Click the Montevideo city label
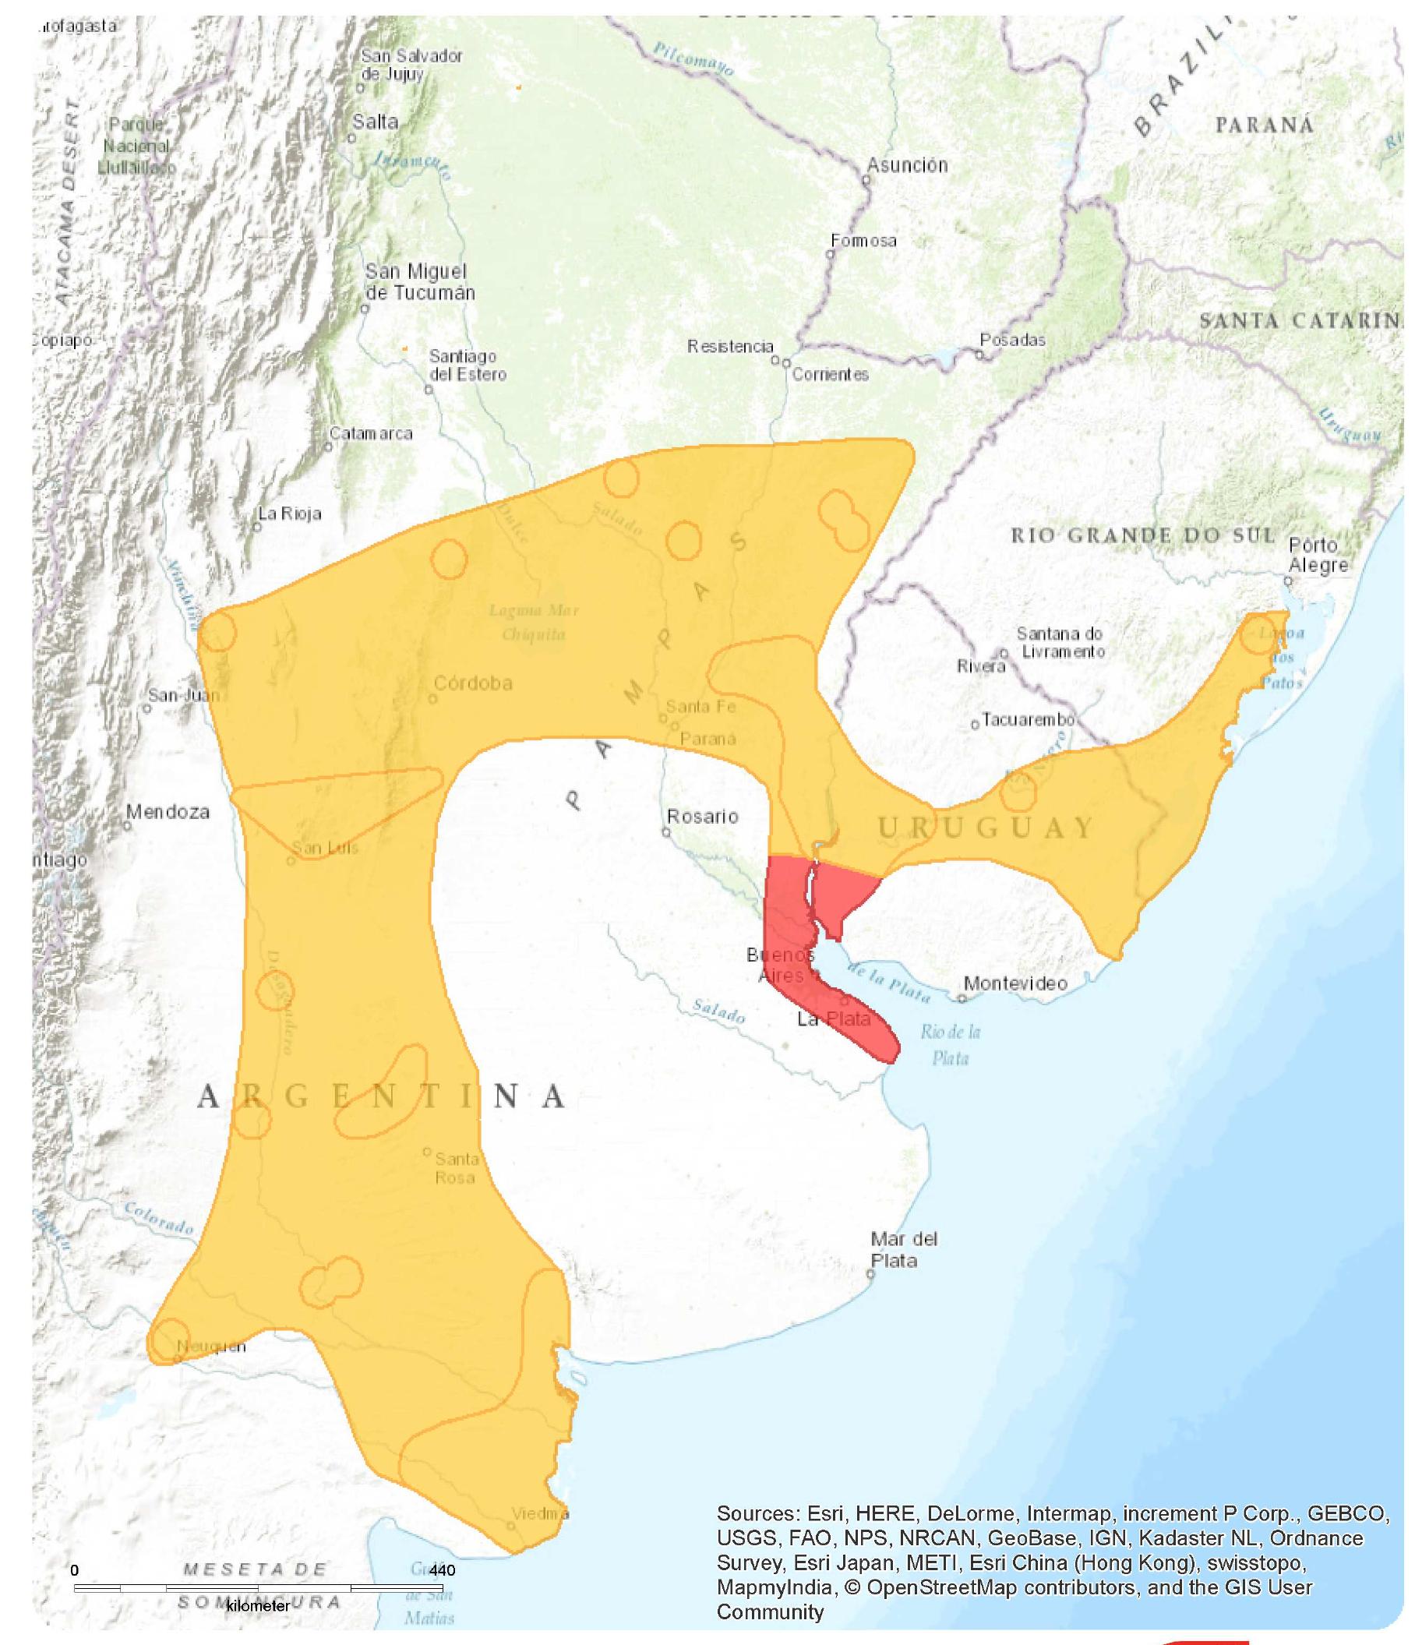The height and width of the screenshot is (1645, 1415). (x=1015, y=983)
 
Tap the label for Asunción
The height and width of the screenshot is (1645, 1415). (x=907, y=165)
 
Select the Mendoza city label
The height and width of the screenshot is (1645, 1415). (x=168, y=811)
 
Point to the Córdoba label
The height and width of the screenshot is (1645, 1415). (x=473, y=683)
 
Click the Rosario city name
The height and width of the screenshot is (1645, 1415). (x=702, y=816)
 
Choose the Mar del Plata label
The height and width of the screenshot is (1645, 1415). (x=903, y=1250)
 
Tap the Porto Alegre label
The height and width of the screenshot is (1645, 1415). (x=1318, y=555)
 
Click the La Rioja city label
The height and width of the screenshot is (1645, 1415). (x=290, y=514)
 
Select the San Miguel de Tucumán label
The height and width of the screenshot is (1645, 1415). (x=419, y=282)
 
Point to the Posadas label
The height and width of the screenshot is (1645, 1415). (x=1012, y=340)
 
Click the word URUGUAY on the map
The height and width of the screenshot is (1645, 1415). (x=986, y=828)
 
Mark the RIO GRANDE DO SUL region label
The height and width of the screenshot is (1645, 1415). (x=1142, y=535)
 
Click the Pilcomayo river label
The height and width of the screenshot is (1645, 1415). (x=693, y=59)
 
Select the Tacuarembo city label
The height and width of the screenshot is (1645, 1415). (x=1029, y=719)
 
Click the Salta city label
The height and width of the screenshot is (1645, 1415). (x=375, y=122)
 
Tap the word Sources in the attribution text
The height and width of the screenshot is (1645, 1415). (x=757, y=1513)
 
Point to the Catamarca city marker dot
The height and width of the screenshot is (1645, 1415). (x=328, y=447)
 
